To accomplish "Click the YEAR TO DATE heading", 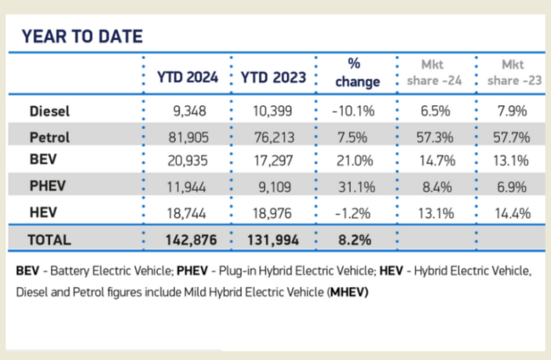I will coord(82,36).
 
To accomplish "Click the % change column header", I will coord(357,72).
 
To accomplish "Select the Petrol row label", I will coord(49,137).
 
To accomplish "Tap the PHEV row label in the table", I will coord(46,187).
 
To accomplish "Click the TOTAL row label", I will coord(49,239).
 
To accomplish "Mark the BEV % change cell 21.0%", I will coord(357,162).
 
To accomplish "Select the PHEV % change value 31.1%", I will coord(357,187).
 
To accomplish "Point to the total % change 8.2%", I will coord(357,239).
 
